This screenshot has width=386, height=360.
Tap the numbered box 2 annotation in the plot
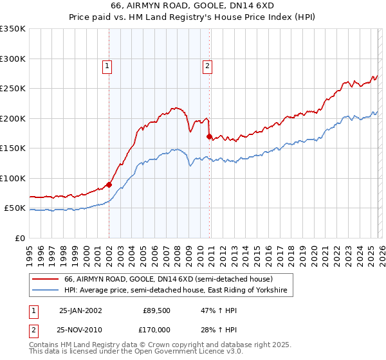click(x=208, y=65)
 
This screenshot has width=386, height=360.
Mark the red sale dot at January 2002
click(x=109, y=184)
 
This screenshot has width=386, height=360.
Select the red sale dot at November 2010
click(x=210, y=136)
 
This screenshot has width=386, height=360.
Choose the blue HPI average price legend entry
click(x=178, y=291)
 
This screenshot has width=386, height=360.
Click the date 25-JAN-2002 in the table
click(x=80, y=310)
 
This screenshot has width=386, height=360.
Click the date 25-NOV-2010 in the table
click(x=80, y=328)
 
